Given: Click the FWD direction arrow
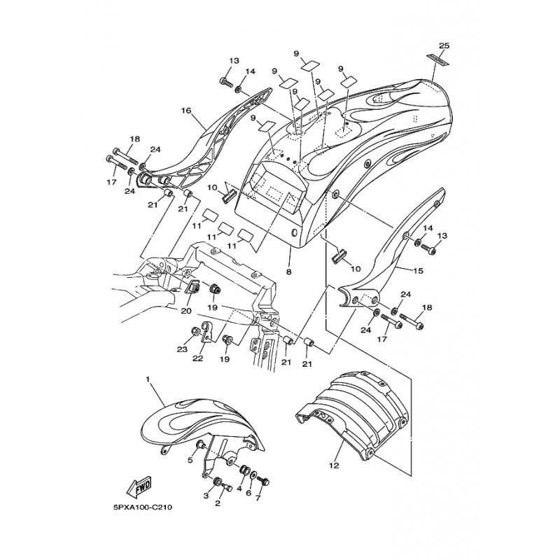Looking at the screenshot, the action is [139, 487].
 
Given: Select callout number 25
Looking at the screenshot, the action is [444, 45].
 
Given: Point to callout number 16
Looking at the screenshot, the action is [186, 111].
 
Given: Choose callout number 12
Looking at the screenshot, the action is [334, 465].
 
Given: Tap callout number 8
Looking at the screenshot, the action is [288, 272].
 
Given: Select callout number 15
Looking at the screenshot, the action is [418, 271].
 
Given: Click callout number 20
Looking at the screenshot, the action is [185, 311].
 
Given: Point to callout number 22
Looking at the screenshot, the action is [197, 358].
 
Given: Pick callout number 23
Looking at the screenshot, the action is [182, 349].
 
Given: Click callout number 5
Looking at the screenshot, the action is [190, 461].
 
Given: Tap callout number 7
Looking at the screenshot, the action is [258, 497].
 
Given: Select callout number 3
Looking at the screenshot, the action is [206, 496].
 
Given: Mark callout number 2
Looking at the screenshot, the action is [218, 503].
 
